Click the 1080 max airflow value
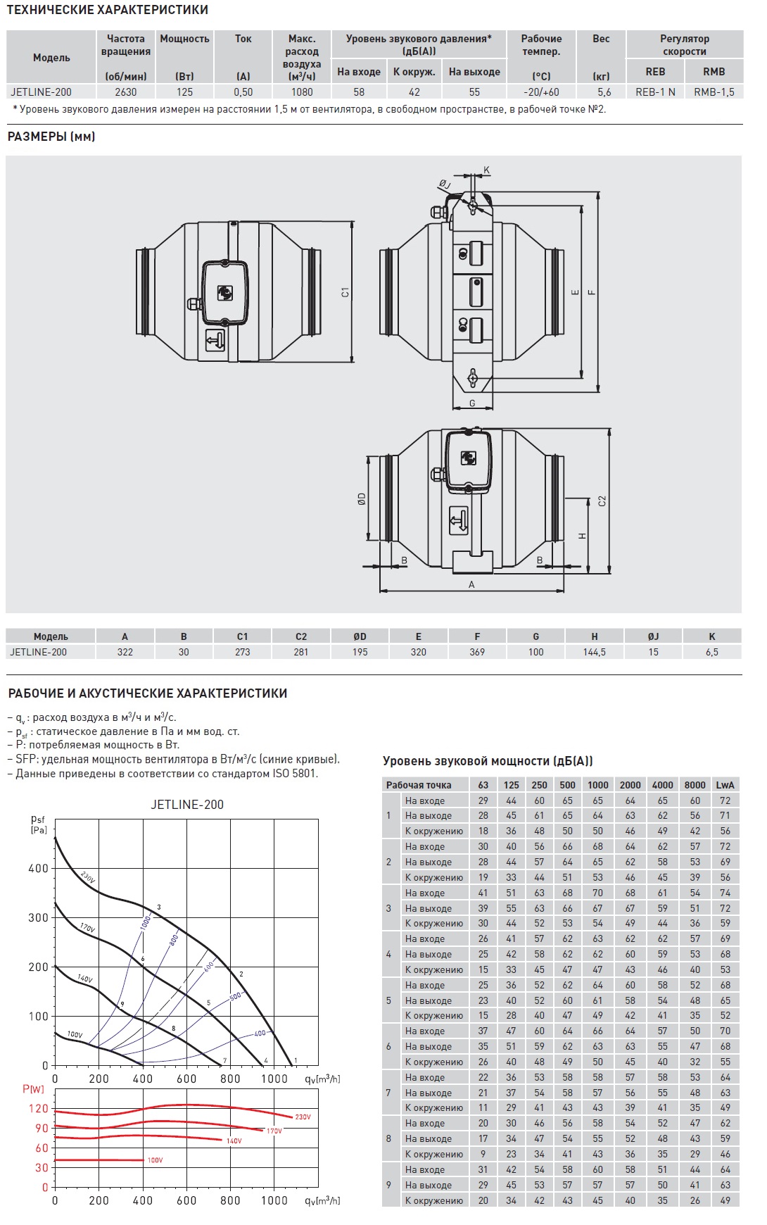[301, 92]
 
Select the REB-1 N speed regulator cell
[655, 92]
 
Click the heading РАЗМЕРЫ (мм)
[51, 137]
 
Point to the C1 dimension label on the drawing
[345, 291]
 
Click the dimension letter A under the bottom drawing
[471, 584]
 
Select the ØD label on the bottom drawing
[362, 498]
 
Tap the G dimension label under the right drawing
[472, 403]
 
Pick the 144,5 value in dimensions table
[594, 652]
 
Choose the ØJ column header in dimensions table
[653, 636]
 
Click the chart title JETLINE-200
[187, 805]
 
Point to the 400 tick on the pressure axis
[38, 868]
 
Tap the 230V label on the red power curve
[303, 1117]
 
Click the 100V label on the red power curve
[155, 1160]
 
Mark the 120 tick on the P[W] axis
[38, 1108]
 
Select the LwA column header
[725, 785]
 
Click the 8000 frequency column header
[695, 785]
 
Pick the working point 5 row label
[388, 1000]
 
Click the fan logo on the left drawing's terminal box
[224, 292]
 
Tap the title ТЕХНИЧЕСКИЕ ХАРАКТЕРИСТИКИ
[108, 10]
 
